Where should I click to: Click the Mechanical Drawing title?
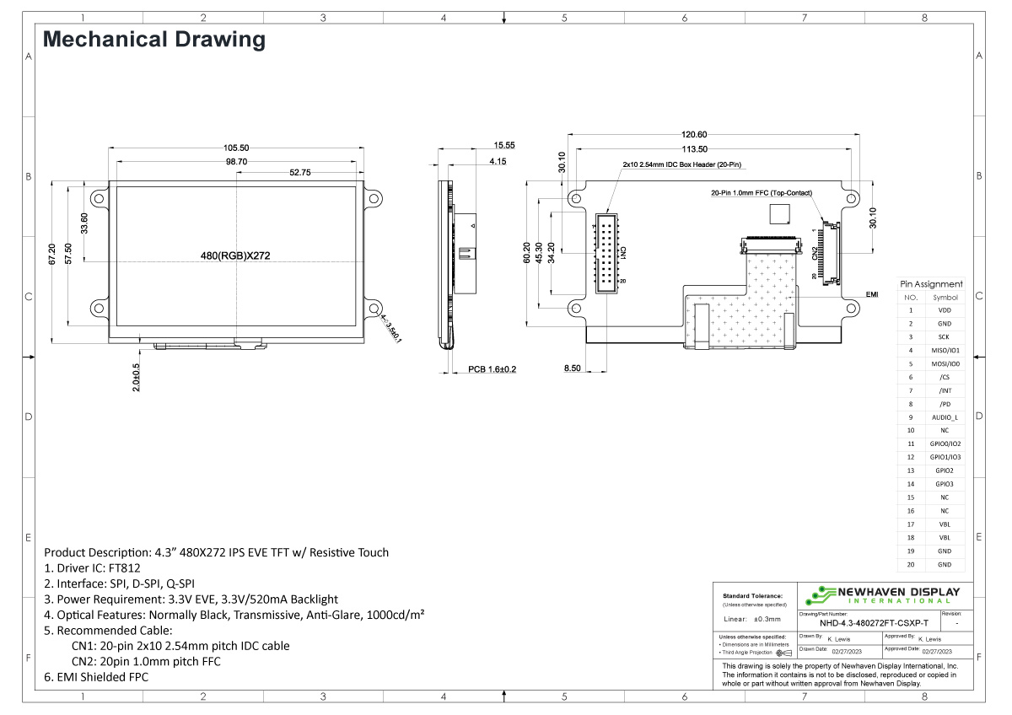(x=153, y=40)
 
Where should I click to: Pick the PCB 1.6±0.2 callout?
(x=492, y=369)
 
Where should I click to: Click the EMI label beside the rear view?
(x=873, y=295)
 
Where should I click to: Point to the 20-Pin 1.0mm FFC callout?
(x=762, y=193)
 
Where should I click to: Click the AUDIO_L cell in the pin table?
(x=945, y=417)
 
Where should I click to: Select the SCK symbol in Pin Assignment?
(x=945, y=337)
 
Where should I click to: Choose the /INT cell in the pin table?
(x=945, y=390)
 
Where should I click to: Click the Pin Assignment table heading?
(x=931, y=284)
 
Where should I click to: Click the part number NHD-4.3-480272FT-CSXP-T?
(x=874, y=624)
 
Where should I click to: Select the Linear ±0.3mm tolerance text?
(x=752, y=619)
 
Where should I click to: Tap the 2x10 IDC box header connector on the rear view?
(x=608, y=254)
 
